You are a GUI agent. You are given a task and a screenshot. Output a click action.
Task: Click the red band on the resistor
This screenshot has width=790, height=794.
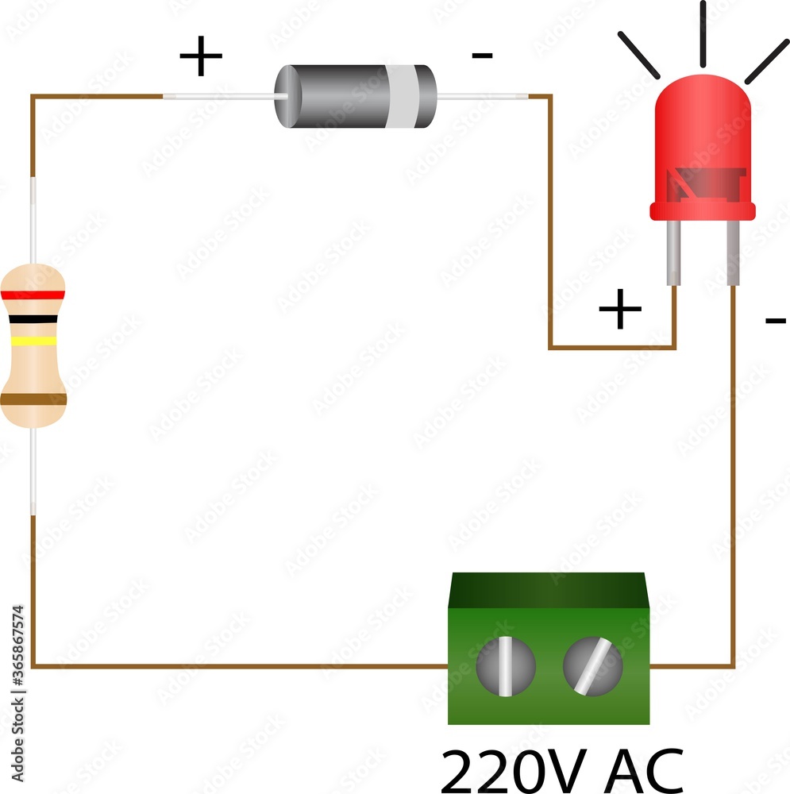point(33,295)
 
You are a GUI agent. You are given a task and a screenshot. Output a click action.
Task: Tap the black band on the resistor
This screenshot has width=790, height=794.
point(33,319)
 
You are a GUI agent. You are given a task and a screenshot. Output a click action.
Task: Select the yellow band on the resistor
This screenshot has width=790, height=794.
point(33,341)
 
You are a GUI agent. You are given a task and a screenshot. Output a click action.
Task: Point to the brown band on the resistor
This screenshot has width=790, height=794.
point(33,399)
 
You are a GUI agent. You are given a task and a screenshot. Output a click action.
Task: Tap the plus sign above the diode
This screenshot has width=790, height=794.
point(200,58)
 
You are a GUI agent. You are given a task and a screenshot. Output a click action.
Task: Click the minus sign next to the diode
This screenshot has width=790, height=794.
point(482,56)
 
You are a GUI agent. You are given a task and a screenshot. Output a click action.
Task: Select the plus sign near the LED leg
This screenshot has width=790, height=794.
point(619,309)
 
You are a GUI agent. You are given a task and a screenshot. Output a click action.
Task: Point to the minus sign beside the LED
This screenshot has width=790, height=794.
point(774,321)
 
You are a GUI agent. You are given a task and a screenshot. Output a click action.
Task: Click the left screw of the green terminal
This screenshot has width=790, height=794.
point(506,665)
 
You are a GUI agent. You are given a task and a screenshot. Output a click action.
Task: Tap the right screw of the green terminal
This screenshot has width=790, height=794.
point(592,665)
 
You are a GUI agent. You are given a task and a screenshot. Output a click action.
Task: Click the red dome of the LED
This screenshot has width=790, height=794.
point(702,127)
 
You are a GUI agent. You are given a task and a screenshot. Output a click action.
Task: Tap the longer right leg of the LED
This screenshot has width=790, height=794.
point(733,254)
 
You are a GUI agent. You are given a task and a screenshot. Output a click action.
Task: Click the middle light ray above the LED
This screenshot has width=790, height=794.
point(703,33)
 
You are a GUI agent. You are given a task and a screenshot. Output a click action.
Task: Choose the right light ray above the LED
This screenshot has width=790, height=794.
point(766,60)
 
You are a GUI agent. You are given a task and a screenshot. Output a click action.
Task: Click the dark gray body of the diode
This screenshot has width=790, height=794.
point(333,97)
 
